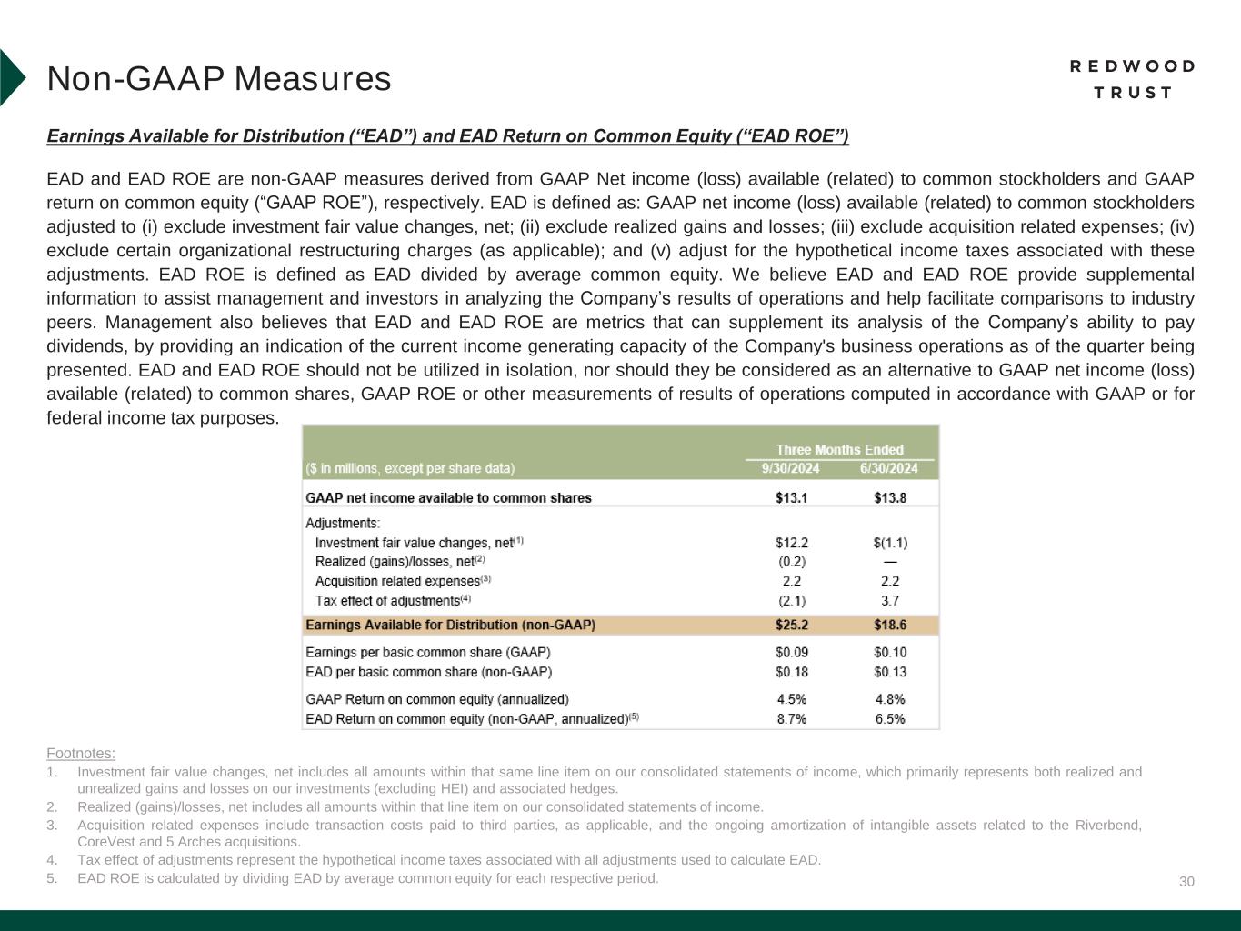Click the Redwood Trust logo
(1132, 79)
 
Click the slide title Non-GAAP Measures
(219, 79)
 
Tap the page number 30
(1186, 882)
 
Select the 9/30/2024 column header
(790, 468)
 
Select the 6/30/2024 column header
(888, 468)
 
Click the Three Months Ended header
(839, 449)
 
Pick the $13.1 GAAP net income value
(791, 497)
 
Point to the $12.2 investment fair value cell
(791, 543)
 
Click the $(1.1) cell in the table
(889, 543)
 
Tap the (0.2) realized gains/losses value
(791, 562)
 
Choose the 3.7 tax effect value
(889, 600)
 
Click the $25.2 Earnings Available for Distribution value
(791, 625)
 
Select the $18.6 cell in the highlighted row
(889, 625)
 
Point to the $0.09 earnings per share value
(791, 652)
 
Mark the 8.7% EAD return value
(791, 718)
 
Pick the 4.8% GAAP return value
(889, 699)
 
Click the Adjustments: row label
(343, 523)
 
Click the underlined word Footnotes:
(81, 753)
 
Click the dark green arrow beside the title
(11, 77)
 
